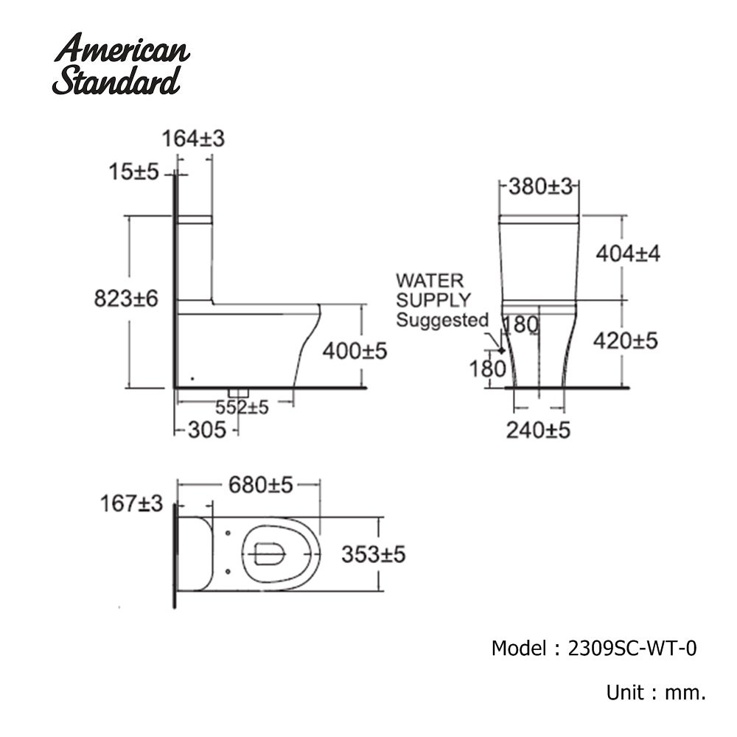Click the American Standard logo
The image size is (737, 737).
122,64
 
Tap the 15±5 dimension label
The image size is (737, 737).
133,172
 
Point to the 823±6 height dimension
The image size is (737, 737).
127,299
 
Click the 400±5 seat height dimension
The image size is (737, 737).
354,352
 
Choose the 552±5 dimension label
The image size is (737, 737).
242,407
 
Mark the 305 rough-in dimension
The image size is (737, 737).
206,430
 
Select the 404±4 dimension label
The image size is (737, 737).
627,254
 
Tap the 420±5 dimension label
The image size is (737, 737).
626,340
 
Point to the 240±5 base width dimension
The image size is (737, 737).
538,430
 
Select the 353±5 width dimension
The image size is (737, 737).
373,554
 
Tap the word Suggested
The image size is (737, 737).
442,320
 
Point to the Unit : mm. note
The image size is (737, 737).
656,693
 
